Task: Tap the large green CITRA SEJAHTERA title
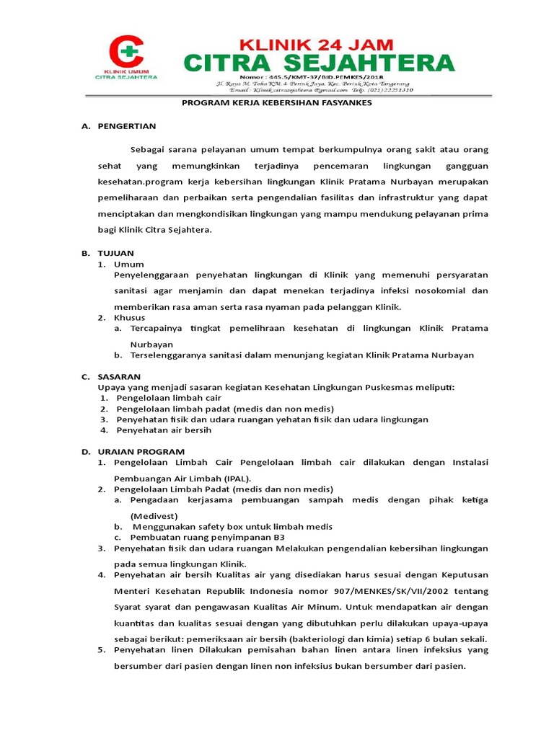coord(318,62)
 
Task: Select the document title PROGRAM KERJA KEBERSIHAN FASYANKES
coord(276,102)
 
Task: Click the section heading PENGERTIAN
coord(127,126)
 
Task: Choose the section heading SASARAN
coord(119,376)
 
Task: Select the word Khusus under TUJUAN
coord(130,317)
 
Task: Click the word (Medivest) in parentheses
coord(154,516)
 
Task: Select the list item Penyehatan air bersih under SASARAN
coord(164,430)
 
